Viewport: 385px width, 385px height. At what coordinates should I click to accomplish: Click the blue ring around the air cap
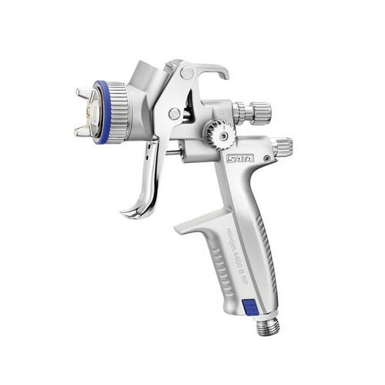pos(100,112)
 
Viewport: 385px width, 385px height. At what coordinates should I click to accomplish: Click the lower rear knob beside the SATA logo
pos(282,145)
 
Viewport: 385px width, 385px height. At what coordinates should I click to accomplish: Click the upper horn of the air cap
pos(84,93)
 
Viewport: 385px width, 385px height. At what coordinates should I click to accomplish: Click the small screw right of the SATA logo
pos(266,159)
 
